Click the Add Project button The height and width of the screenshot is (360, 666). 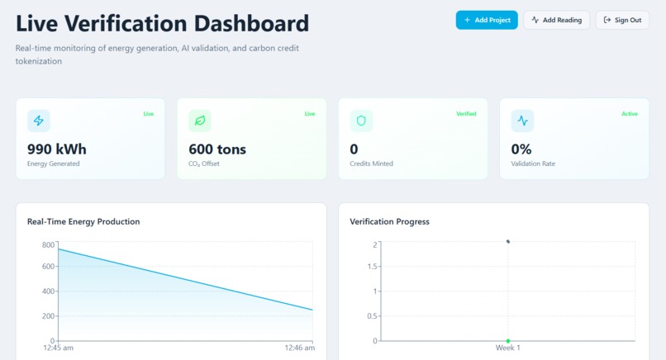[487, 20]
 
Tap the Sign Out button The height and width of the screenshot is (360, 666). [622, 20]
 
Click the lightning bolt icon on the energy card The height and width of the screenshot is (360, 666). [39, 121]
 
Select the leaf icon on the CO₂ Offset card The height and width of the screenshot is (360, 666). [200, 121]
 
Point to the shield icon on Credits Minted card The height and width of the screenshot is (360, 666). [361, 121]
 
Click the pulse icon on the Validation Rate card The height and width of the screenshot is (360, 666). [522, 121]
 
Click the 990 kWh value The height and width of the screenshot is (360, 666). [57, 149]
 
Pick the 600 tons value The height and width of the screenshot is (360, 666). [217, 149]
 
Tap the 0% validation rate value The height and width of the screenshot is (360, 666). [521, 149]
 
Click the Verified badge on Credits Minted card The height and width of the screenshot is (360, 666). [466, 114]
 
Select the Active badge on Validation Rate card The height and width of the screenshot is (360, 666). [629, 114]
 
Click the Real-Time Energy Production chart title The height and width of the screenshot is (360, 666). [83, 221]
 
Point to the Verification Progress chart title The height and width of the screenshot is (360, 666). [389, 221]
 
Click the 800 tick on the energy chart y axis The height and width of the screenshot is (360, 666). [48, 245]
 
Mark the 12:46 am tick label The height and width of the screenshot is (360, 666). [299, 348]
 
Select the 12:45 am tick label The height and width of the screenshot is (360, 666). [58, 348]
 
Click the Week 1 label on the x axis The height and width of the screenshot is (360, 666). [507, 348]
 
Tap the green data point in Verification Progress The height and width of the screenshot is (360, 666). [508, 341]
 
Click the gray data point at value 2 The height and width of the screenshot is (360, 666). [508, 242]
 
